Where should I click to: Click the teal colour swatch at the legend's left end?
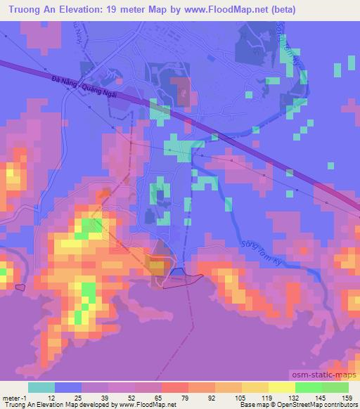click(x=41, y=387)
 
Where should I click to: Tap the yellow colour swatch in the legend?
click(x=282, y=387)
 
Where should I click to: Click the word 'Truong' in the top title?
click(x=25, y=10)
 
